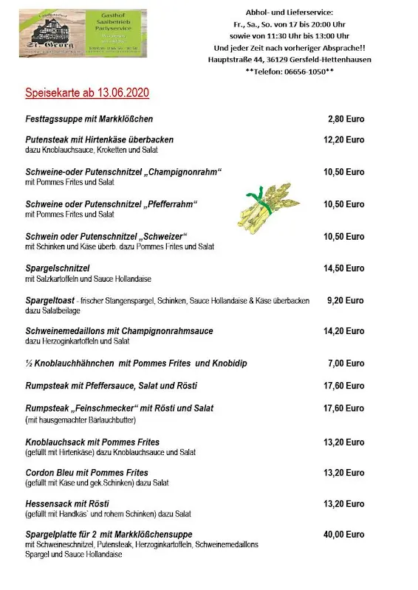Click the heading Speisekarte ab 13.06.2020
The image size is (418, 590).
pyautogui.click(x=87, y=93)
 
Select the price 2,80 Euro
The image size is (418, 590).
pyautogui.click(x=346, y=119)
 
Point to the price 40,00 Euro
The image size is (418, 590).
pyautogui.click(x=343, y=534)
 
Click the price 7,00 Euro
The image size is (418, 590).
pyautogui.click(x=346, y=364)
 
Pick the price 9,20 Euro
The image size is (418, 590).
pyautogui.click(x=346, y=301)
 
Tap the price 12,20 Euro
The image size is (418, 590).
pyautogui.click(x=343, y=139)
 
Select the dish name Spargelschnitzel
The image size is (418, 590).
pyautogui.click(x=57, y=268)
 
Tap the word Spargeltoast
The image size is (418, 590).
pyautogui.click(x=49, y=301)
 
